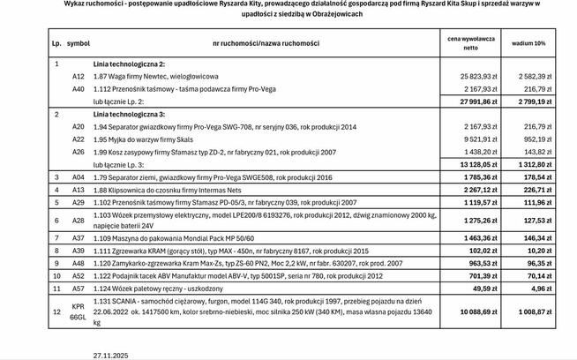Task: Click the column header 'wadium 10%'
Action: click(x=528, y=42)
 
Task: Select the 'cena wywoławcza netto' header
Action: click(x=472, y=42)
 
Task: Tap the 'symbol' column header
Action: click(x=79, y=42)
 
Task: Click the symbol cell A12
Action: click(x=79, y=77)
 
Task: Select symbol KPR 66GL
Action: click(x=79, y=311)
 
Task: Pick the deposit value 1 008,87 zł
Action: click(x=530, y=311)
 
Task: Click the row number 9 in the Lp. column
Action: click(x=56, y=262)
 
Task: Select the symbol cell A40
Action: click(x=79, y=89)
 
